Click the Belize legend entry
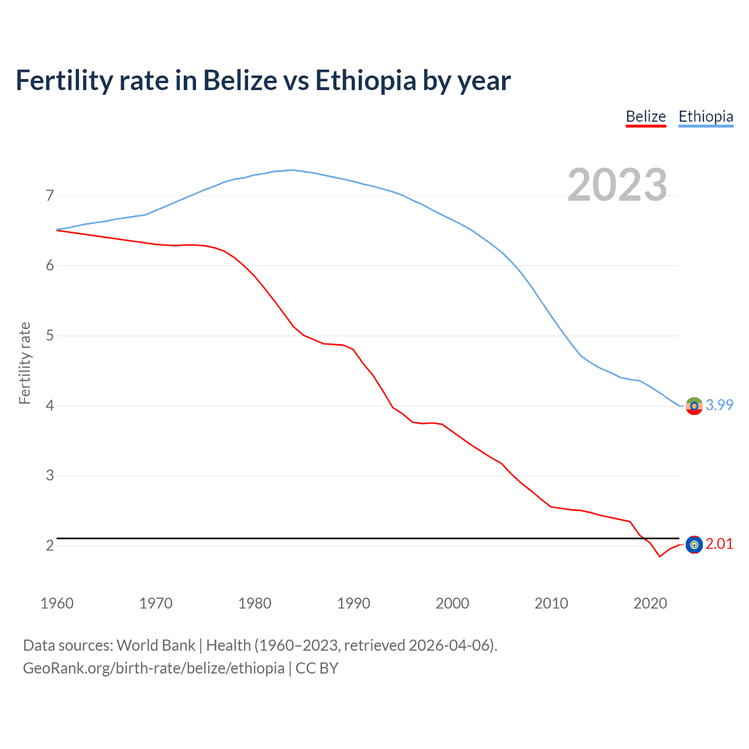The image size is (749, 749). point(645,117)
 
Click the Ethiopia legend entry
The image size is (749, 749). point(706,117)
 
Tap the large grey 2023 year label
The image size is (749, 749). point(617,185)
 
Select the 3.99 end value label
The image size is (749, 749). point(719,405)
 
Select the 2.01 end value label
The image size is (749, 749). point(719,544)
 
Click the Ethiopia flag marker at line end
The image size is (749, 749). point(694,406)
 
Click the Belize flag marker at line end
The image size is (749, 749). point(694,545)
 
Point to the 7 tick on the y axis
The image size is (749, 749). point(50,195)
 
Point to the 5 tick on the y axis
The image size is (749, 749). point(50,336)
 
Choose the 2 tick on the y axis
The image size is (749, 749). point(50,545)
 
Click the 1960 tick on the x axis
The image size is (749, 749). point(57,603)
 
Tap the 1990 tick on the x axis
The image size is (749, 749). point(353,603)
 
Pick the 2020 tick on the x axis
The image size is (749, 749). point(650,603)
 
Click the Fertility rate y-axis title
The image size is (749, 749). point(25,363)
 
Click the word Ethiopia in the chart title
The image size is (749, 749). point(366,80)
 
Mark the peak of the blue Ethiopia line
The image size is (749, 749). point(293,170)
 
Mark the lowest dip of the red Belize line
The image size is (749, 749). point(659,556)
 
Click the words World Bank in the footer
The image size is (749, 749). point(156,645)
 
